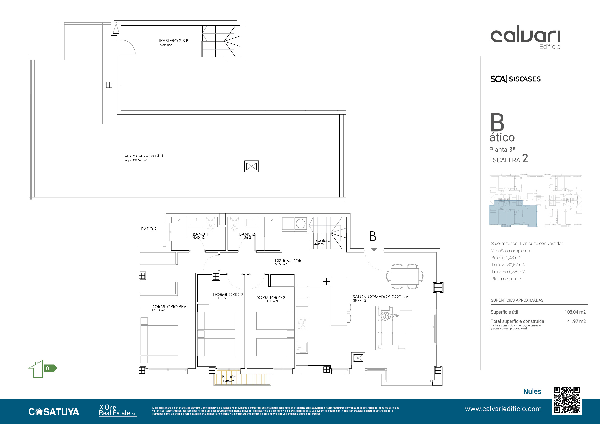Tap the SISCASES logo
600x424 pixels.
[x=515, y=79]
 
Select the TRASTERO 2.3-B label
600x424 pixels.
[x=173, y=41]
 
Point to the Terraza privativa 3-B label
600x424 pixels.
[x=143, y=155]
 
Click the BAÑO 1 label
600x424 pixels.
[x=200, y=234]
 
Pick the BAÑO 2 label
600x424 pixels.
[x=247, y=234]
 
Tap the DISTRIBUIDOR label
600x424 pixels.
[x=288, y=261]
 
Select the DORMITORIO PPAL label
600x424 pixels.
[x=170, y=307]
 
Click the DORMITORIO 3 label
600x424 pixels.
[x=270, y=298]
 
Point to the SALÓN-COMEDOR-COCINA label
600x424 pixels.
[x=380, y=297]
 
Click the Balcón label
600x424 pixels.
[x=229, y=377]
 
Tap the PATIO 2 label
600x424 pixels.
[x=149, y=229]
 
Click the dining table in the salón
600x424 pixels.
[x=405, y=276]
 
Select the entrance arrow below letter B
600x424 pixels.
[x=374, y=249]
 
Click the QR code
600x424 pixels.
[x=567, y=400]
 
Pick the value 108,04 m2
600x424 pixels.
[x=575, y=312]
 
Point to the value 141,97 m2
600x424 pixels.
[x=575, y=321]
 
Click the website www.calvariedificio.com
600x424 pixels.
[x=503, y=409]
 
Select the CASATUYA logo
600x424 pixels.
[x=54, y=412]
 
